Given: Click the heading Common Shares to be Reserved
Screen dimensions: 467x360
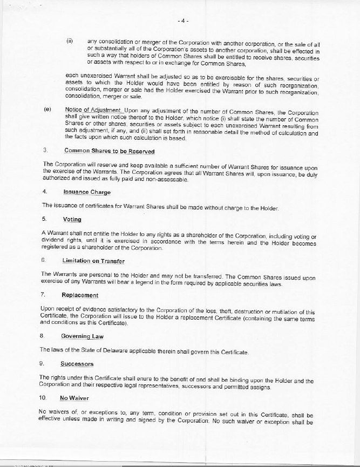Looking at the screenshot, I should [109, 151].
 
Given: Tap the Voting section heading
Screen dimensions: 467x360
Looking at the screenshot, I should [72, 219].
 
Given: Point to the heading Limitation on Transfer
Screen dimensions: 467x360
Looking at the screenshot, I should [93, 261].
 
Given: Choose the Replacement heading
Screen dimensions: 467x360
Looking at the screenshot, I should [80, 295].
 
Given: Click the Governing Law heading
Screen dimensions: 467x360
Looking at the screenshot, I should [82, 336].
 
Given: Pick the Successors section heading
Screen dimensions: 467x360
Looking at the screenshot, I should [77, 364].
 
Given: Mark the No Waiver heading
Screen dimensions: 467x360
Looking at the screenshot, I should [74, 398].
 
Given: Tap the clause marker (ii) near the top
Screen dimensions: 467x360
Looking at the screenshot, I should [70, 40].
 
